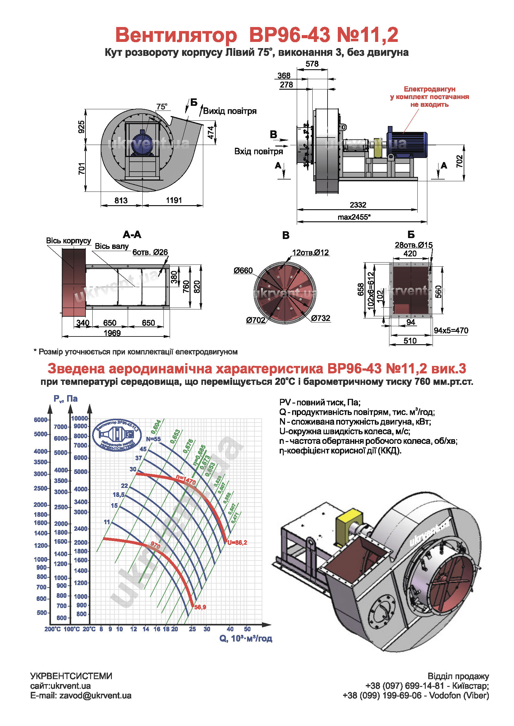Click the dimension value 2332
click(358, 205)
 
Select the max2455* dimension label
click(354, 217)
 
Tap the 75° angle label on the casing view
click(162, 106)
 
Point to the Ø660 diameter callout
click(243, 270)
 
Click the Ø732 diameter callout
click(321, 318)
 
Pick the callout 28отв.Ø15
click(413, 245)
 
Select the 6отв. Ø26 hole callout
click(150, 252)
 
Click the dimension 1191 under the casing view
click(174, 200)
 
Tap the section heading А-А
click(132, 235)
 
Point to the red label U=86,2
click(237, 543)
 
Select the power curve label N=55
click(153, 439)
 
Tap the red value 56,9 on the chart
click(200, 607)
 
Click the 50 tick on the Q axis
click(247, 629)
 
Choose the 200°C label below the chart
click(53, 629)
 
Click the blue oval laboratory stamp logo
click(117, 435)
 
